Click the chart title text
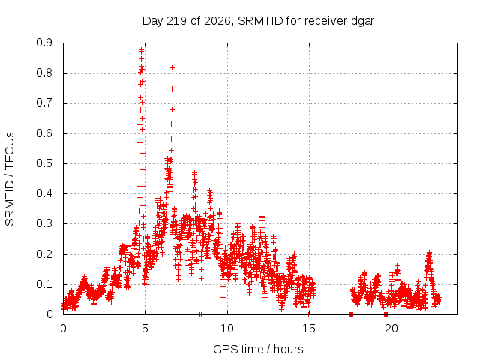coord(258,21)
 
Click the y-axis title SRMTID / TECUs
coord(10,179)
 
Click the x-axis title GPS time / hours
coord(258,349)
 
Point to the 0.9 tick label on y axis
coord(44,43)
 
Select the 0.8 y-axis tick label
coord(44,73)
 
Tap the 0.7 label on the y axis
coord(44,103)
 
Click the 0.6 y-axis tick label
coord(44,133)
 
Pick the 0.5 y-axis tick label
coord(44,163)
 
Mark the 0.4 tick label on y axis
coord(44,193)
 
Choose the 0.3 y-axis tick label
coord(44,223)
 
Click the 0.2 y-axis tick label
coord(44,254)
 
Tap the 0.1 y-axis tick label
coord(44,284)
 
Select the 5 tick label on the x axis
coord(145,328)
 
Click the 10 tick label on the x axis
coord(227,328)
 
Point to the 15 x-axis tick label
coord(309,328)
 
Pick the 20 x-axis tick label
coord(391,328)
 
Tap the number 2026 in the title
coord(217,21)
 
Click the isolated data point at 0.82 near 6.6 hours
coord(172,67)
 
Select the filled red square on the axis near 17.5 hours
coord(351,314)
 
